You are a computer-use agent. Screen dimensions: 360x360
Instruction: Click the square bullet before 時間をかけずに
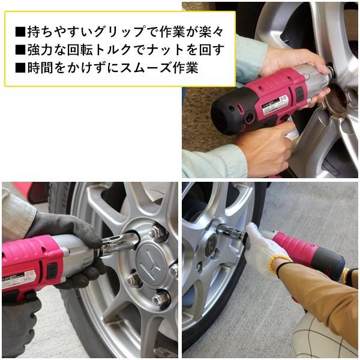(20, 67)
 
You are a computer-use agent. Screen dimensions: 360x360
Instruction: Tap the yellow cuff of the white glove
(280, 264)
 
